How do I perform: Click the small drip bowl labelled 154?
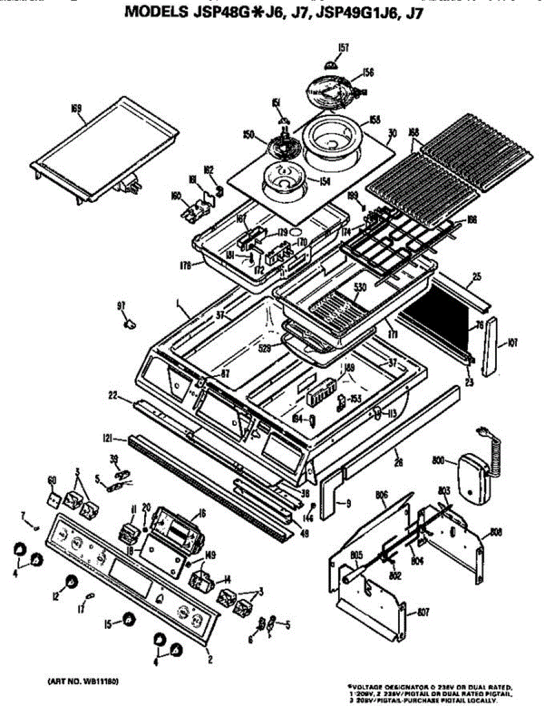(x=283, y=178)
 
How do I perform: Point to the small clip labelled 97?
(x=129, y=321)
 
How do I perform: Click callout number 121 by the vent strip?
(x=107, y=438)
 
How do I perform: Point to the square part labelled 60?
(x=54, y=500)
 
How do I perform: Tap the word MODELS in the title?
(x=156, y=13)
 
